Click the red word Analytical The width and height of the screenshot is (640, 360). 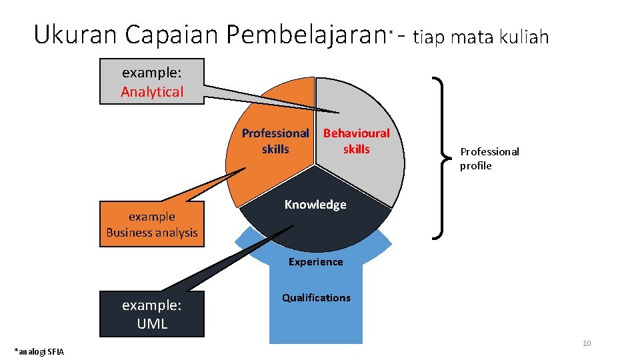pos(152,92)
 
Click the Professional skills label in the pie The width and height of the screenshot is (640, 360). pos(275,141)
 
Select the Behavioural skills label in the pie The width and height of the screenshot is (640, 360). pos(356,141)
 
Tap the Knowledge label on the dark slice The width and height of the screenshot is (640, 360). pos(315,205)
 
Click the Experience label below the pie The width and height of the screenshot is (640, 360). pos(315,262)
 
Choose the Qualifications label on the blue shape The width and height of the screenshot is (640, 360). pos(315,297)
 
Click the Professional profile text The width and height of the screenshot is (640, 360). pos(489,159)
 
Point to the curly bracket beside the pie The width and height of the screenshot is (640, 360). pos(440,157)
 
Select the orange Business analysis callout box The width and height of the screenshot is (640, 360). pos(152,224)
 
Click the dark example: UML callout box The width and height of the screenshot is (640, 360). pos(152,314)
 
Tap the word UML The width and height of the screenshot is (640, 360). pos(152,324)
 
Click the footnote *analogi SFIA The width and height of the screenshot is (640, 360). pos(39,351)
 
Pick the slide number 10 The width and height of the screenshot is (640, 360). pos(587,343)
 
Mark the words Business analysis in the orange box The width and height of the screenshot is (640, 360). pos(152,233)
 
